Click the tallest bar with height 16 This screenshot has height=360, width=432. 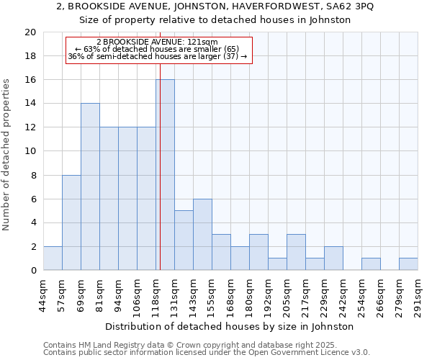point(165,175)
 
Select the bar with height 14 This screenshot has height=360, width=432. point(90,186)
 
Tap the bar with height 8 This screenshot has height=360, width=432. point(71,222)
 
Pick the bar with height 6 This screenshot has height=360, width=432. point(202,235)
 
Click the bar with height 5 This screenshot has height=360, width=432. point(184,240)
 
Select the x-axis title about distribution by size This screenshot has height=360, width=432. point(230,326)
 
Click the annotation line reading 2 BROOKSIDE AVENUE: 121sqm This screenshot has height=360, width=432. point(157,42)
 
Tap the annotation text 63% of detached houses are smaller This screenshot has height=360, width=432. point(157,49)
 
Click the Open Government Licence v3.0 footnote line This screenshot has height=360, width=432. point(206,352)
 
